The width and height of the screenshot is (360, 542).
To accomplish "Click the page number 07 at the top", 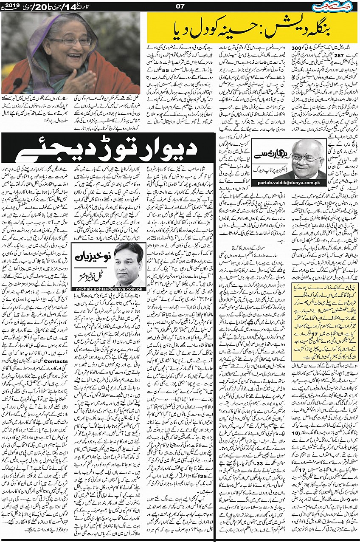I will tap(180, 6).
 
